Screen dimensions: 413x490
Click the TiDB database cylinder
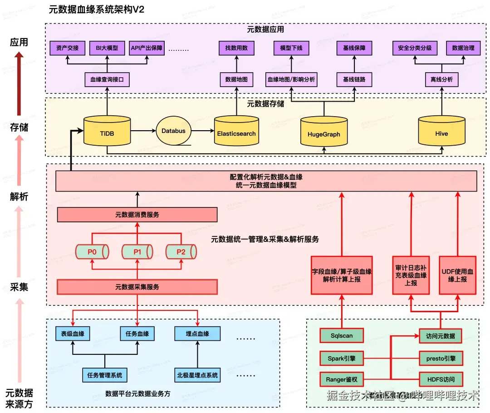[x=107, y=133]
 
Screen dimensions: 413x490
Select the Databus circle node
[x=173, y=131]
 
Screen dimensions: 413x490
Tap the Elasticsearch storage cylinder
[x=236, y=133]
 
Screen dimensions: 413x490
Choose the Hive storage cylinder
[x=441, y=133]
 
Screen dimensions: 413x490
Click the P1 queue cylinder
[x=137, y=251]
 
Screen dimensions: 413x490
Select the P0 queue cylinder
[x=92, y=251]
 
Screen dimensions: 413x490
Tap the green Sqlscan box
[x=342, y=336]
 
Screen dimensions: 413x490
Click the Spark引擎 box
[x=342, y=358]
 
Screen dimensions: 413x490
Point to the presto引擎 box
[x=441, y=358]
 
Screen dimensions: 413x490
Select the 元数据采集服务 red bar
[x=137, y=287]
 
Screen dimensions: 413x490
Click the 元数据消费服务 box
[x=137, y=215]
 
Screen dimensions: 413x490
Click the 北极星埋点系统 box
[x=197, y=375]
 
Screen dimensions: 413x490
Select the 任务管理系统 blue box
[x=105, y=375]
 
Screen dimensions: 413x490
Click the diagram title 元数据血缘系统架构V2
[x=96, y=10]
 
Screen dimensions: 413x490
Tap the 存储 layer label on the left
[x=19, y=128]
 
